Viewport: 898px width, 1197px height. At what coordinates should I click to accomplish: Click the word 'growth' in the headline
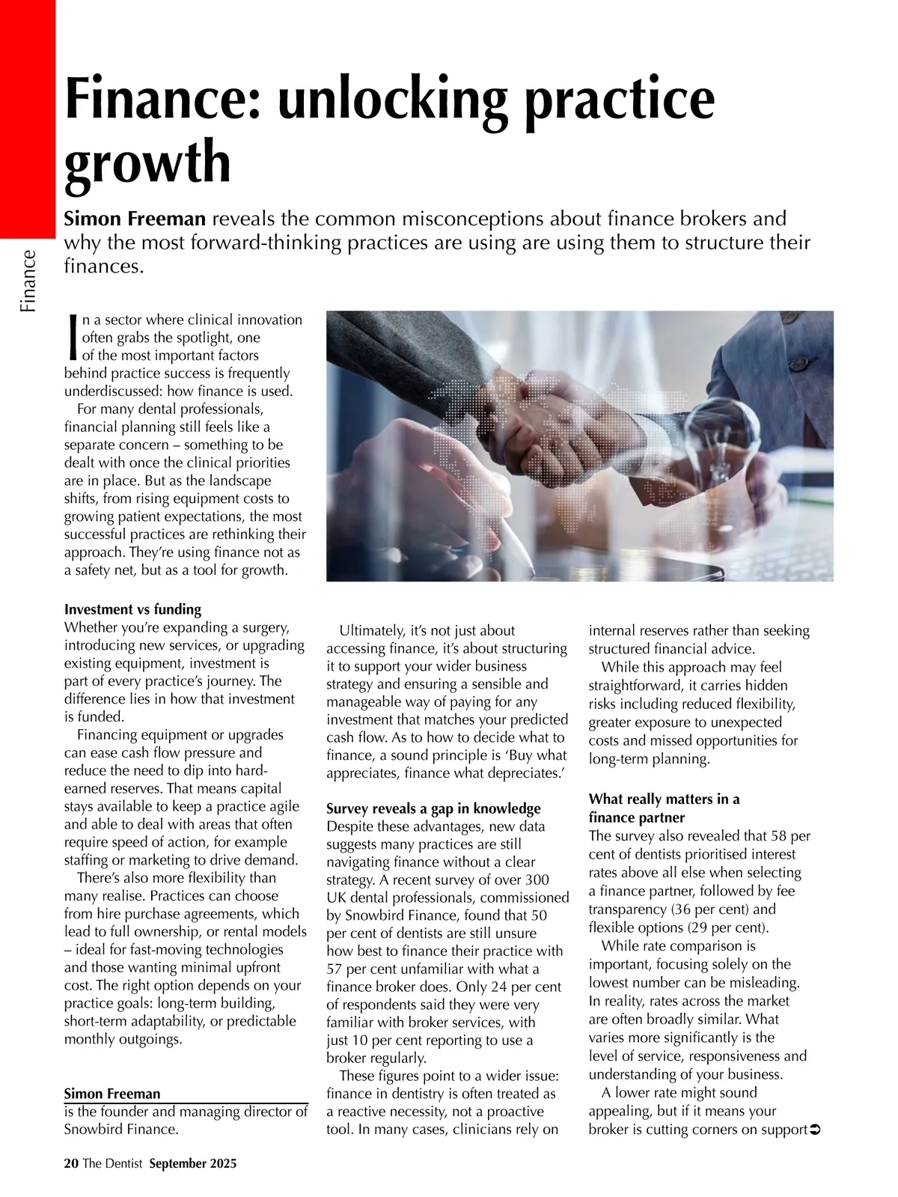(x=147, y=162)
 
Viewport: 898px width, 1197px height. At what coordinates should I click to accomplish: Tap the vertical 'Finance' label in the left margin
(x=28, y=281)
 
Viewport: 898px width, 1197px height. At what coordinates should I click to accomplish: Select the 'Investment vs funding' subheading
(x=132, y=609)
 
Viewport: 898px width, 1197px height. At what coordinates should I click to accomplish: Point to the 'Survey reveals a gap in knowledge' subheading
(x=433, y=808)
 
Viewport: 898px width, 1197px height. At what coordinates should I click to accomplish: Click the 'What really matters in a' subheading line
(x=664, y=799)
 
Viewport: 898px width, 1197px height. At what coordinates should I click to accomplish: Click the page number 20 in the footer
(x=71, y=1163)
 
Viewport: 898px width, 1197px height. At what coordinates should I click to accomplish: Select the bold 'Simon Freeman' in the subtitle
(x=135, y=219)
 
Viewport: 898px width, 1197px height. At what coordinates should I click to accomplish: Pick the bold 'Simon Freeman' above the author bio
(x=112, y=1094)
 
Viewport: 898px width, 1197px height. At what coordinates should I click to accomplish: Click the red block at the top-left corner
(x=28, y=112)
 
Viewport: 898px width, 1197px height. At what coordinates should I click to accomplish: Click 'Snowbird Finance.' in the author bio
(x=121, y=1130)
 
